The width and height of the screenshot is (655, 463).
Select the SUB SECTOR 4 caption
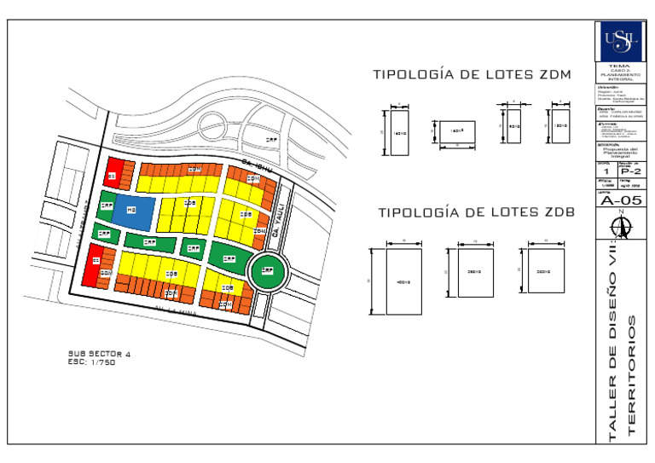(99, 353)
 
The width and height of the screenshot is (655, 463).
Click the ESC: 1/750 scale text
(91, 362)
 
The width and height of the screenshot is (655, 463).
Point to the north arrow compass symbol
(620, 226)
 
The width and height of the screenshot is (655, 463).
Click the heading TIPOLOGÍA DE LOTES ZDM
(472, 75)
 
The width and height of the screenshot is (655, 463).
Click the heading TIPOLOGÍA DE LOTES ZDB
(476, 212)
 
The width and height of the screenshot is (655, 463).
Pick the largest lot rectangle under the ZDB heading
(403, 281)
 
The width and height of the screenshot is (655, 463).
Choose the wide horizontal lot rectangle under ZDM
(456, 132)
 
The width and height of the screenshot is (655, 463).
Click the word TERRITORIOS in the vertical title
(632, 375)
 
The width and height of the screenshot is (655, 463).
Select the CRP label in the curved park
(271, 139)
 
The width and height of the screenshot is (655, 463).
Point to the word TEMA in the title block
(620, 66)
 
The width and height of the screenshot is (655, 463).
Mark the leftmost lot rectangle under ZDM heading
(400, 133)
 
